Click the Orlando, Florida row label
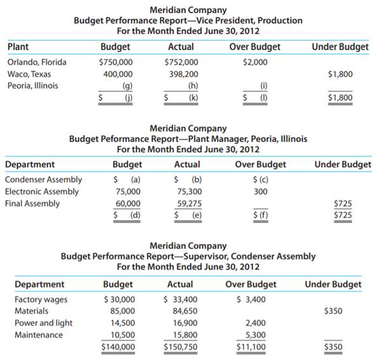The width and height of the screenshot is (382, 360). tap(37, 62)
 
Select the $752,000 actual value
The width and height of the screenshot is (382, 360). tap(181, 62)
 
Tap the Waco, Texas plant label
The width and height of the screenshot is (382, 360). tap(30, 74)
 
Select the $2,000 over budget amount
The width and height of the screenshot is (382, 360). tap(254, 62)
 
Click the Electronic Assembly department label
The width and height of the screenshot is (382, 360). tap(42, 191)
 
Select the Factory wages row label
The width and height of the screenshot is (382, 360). tap(41, 299)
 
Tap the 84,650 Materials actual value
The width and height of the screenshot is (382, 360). tap(184, 311)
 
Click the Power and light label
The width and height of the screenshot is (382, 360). tap(43, 323)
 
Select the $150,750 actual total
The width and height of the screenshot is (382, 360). tap(180, 347)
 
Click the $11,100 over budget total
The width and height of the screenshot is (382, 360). tap(251, 347)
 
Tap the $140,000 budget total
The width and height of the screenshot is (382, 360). tap(119, 347)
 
